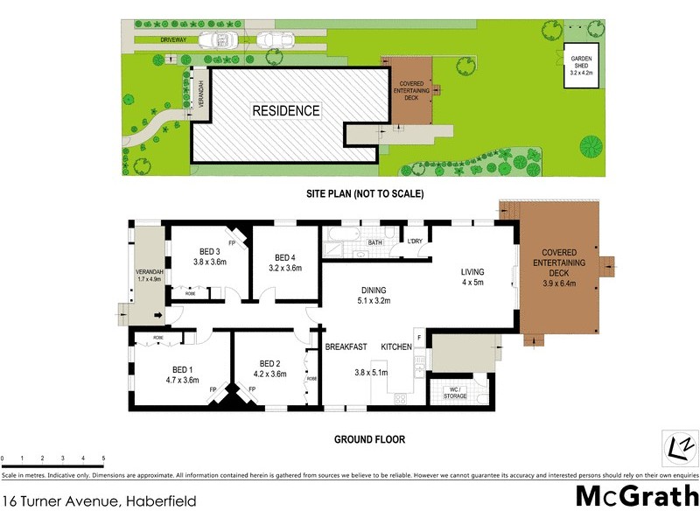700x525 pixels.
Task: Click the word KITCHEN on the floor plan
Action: tap(396, 347)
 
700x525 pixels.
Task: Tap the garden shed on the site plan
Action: tap(581, 60)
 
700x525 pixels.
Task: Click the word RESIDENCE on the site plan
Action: tap(286, 111)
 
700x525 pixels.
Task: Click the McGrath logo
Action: tap(637, 496)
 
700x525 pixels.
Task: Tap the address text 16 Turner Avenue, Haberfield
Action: tap(98, 502)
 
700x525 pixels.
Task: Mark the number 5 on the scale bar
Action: tap(103, 458)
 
